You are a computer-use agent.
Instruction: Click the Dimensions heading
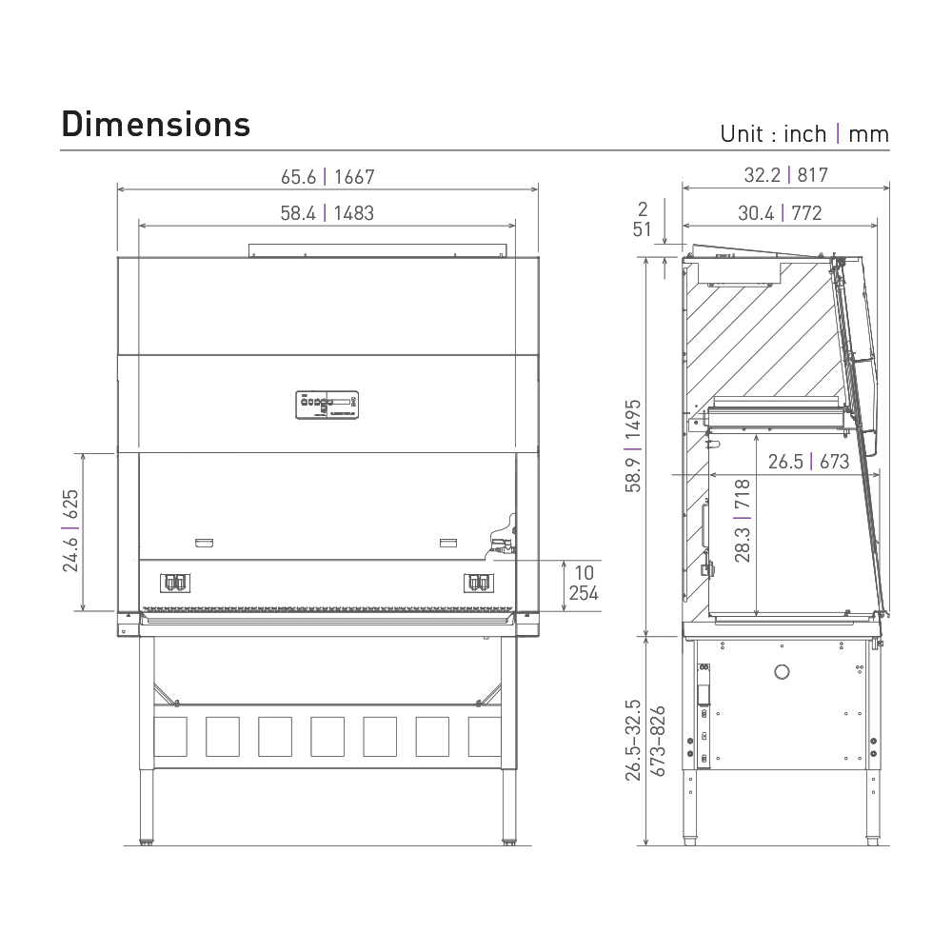(156, 125)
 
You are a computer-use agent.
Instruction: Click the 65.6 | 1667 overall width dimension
(327, 177)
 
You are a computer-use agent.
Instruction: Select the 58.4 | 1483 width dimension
(327, 213)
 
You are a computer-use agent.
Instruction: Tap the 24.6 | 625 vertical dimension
(70, 530)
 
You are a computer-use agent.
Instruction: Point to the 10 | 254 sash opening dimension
(584, 583)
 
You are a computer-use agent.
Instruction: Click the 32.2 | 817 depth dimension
(785, 175)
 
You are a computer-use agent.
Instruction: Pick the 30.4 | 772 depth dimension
(780, 213)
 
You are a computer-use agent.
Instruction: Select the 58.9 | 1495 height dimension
(633, 446)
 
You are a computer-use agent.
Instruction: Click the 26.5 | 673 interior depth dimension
(808, 462)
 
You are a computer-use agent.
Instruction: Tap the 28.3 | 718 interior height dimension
(743, 521)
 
